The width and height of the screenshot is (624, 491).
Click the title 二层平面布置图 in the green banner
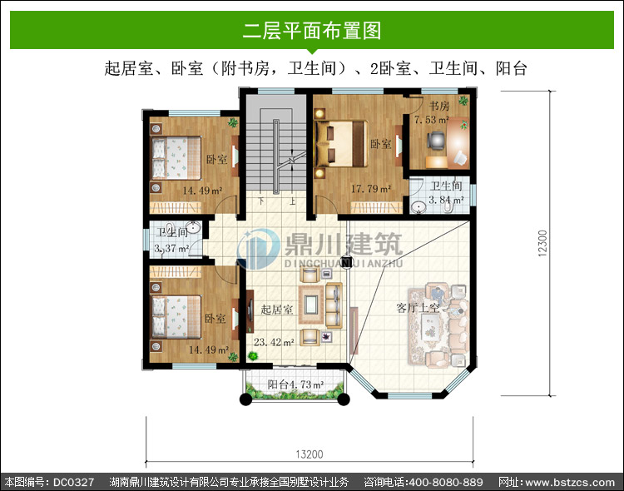point(312,31)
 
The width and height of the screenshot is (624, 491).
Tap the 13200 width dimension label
point(310,454)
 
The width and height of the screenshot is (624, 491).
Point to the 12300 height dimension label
point(542,243)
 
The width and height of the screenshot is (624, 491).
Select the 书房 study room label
point(439,106)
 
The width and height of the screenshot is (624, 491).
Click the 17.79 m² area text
point(370,188)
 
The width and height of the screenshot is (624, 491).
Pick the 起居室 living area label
point(276,310)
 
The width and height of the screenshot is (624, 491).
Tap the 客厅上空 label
point(418,307)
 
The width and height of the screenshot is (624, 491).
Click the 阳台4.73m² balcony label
point(295,384)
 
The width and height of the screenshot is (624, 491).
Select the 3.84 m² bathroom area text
point(446,200)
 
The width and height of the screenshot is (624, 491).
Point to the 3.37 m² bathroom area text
point(171,248)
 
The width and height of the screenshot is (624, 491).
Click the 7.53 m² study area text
point(432,120)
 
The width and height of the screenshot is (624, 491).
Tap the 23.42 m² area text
point(275,342)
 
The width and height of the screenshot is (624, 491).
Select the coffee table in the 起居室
point(311,305)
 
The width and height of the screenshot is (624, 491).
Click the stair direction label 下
point(261,201)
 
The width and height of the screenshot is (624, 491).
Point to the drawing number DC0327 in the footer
point(73,482)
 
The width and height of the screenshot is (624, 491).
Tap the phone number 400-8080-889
point(446,482)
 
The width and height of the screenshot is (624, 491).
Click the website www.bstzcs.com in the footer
point(570,483)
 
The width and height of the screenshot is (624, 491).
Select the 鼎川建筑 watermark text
point(344,244)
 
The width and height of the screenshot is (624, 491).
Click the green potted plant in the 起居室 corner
point(252,355)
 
